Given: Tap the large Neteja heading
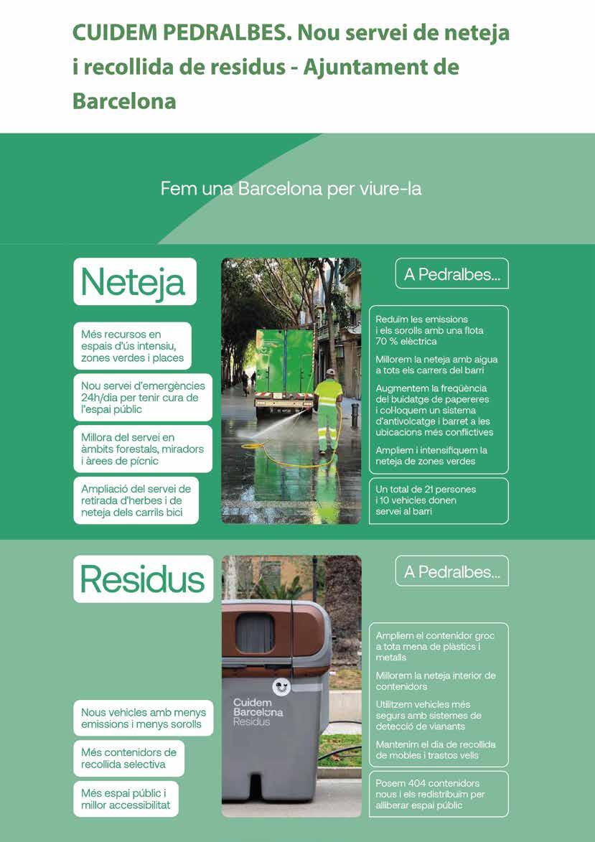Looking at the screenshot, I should pos(134,281).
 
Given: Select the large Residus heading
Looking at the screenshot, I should pos(143,579).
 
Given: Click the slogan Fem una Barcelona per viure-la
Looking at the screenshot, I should pos(291,190).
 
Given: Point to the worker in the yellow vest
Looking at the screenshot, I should pos(328,409).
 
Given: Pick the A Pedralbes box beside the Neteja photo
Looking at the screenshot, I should pos(451,274).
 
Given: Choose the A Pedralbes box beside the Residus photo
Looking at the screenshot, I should pos(451,571).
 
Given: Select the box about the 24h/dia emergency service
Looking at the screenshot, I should pos(143,398).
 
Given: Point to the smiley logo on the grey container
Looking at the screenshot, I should pos(281,687).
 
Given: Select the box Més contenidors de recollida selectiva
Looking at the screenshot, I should pos(128,758).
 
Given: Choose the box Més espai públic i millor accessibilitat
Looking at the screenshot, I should pos(125,799).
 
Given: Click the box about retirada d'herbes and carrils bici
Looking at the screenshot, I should pos(136,500).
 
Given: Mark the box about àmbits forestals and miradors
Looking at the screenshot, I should pos(143,449).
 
